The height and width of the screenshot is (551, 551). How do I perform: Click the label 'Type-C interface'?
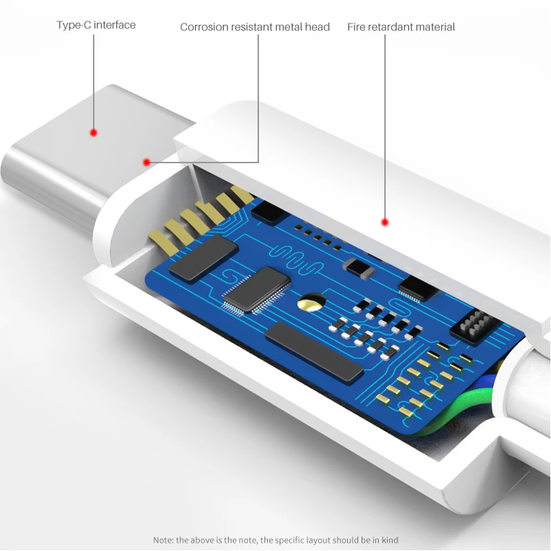pos(96,25)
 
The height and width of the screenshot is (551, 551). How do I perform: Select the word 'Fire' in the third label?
pos(356,28)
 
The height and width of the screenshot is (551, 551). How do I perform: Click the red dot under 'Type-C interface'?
pos(94,132)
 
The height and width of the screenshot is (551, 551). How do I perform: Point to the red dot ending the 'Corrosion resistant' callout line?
pos(146,163)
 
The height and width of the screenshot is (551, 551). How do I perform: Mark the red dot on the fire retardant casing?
pos(385,222)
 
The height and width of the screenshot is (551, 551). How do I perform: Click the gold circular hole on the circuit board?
pos(311,302)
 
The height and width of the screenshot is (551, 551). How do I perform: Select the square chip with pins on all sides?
pos(256,289)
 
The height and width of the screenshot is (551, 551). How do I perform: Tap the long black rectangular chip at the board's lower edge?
pos(313,351)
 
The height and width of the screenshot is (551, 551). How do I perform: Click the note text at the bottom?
pos(275,540)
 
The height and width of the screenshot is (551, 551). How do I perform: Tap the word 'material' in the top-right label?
pos(434,28)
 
